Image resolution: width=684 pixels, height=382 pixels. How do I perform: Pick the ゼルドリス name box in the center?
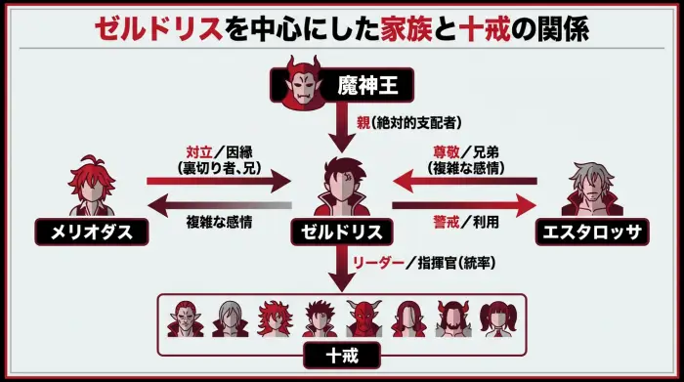(343, 231)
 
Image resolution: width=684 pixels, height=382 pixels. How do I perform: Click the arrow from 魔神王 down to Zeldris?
(342, 124)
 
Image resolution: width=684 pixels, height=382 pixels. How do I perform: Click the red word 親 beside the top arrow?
(363, 124)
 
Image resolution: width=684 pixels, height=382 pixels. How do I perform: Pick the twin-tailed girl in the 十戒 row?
(496, 318)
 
